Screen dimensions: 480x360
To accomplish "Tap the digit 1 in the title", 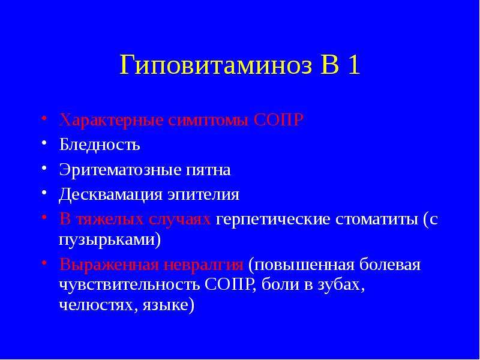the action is click(353, 65).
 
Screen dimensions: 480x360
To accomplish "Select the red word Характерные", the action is click(112, 121).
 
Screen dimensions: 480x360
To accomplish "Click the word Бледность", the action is click(100, 144).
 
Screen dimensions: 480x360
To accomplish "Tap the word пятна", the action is click(208, 170).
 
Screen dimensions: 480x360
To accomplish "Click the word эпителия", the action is click(203, 196).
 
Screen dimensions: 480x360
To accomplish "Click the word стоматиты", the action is click(377, 220).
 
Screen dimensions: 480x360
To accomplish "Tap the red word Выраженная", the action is click(109, 265).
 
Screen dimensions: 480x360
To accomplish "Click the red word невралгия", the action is click(203, 265).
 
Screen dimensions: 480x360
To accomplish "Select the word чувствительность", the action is click(128, 285).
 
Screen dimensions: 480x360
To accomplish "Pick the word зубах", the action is click(341, 285).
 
